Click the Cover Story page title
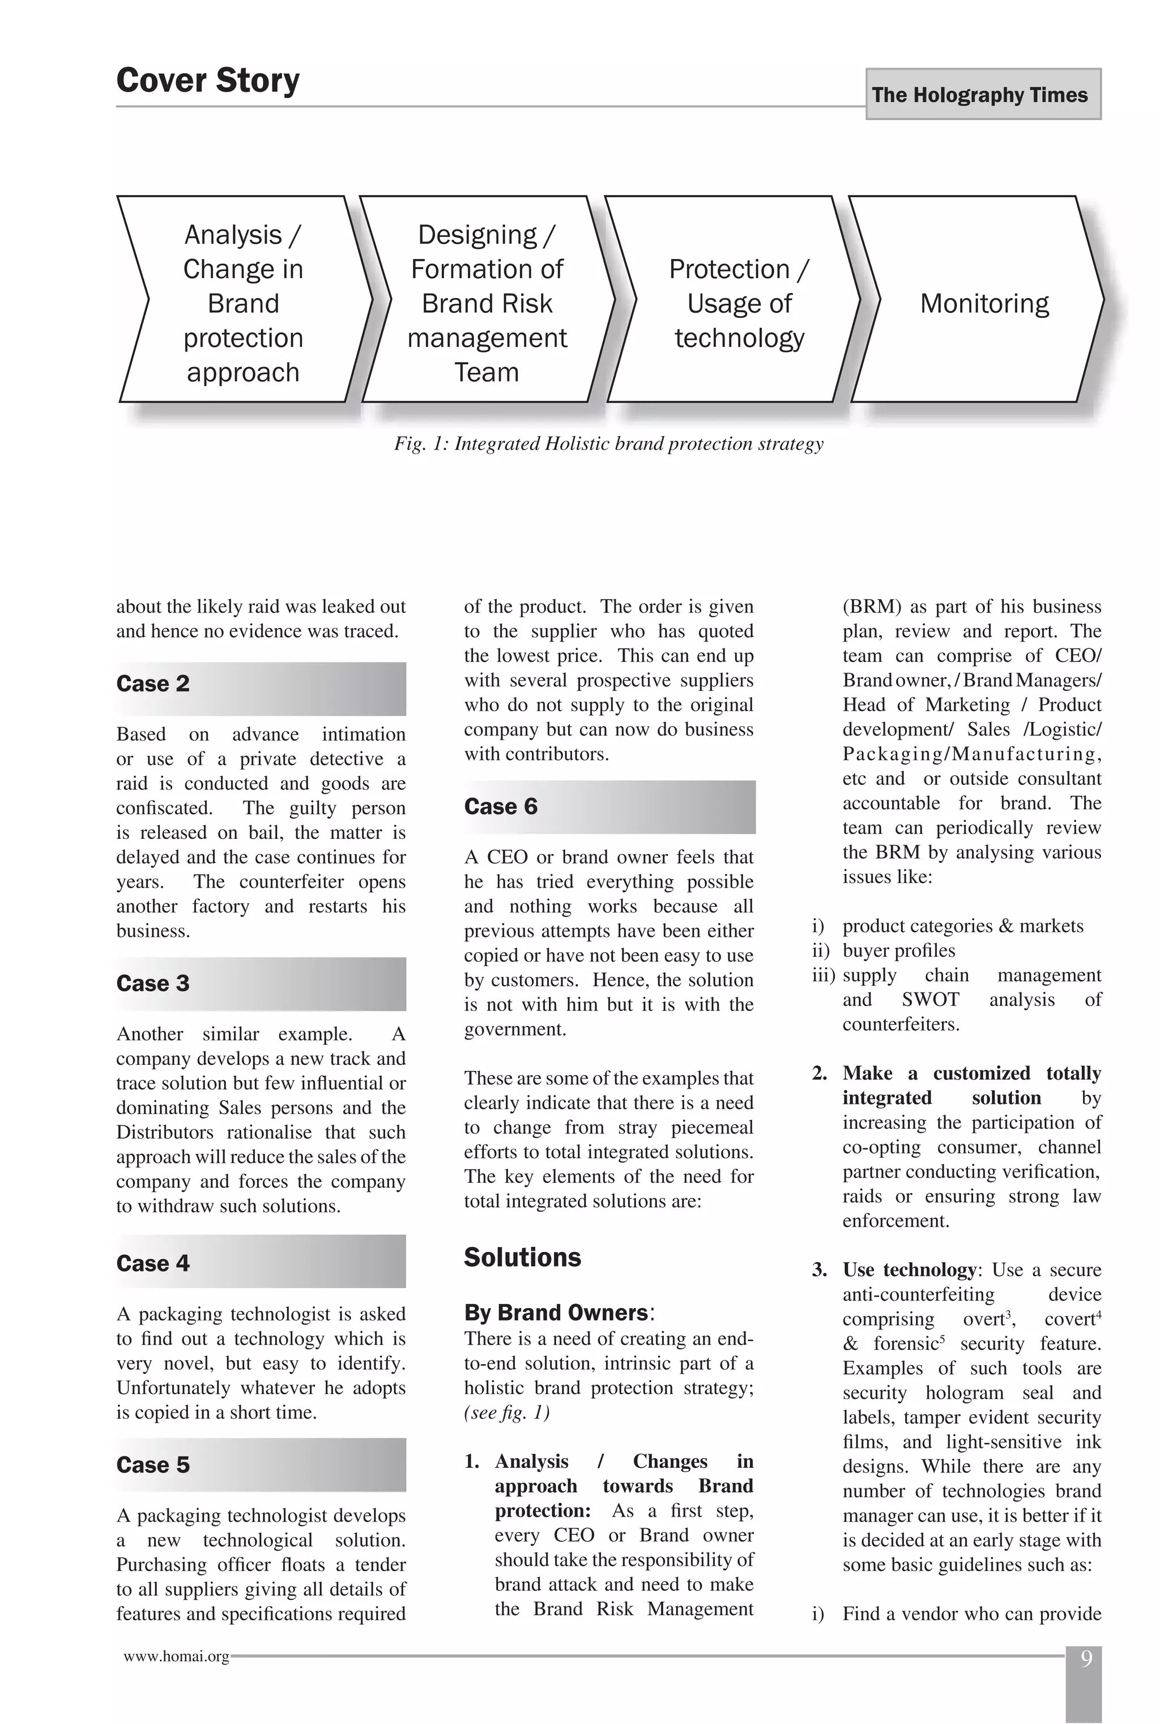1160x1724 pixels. pyautogui.click(x=208, y=80)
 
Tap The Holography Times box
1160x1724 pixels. pyautogui.click(x=983, y=95)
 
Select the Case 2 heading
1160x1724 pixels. pyautogui.click(x=153, y=684)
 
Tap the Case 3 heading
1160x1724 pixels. pyautogui.click(x=153, y=984)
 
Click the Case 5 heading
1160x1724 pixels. pyautogui.click(x=153, y=1465)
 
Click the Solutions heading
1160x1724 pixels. pyautogui.click(x=522, y=1258)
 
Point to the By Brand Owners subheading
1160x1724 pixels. pyautogui.click(x=556, y=1313)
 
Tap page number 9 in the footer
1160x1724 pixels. pyautogui.click(x=1085, y=1659)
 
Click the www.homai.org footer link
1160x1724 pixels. pyautogui.click(x=176, y=1657)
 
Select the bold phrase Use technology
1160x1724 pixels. pyautogui.click(x=909, y=1270)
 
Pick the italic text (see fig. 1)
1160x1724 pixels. pyautogui.click(x=507, y=1412)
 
